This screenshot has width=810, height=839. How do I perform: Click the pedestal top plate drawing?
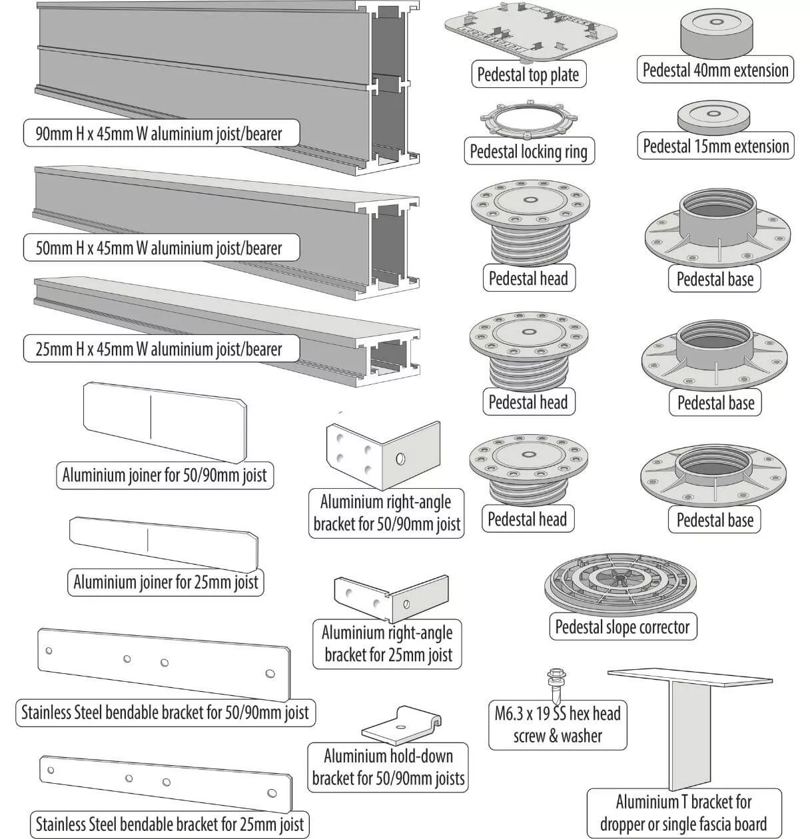point(530,31)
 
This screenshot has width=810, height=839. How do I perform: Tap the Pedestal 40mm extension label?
point(715,70)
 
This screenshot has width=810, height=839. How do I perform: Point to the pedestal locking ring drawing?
point(528,121)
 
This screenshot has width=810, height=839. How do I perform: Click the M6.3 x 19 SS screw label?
point(558,725)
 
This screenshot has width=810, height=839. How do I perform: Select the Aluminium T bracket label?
point(683,812)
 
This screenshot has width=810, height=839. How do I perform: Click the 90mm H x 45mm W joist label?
point(159,133)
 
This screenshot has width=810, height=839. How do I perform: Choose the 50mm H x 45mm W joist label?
point(159,248)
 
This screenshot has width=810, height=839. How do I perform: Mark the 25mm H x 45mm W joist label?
point(159,349)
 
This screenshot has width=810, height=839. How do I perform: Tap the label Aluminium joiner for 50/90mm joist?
point(165,475)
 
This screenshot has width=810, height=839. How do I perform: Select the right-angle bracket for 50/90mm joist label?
point(387,513)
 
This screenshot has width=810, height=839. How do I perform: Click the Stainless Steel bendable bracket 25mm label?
point(170,824)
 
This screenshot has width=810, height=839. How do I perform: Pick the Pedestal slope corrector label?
point(623,627)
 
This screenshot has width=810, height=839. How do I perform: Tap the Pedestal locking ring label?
point(528,151)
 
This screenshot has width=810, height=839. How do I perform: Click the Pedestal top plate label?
point(528,75)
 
